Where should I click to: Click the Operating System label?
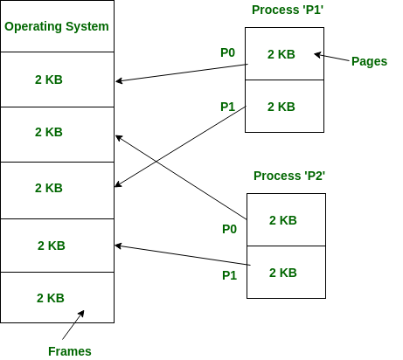click(x=57, y=26)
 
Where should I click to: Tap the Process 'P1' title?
click(x=288, y=10)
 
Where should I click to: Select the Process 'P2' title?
click(x=289, y=176)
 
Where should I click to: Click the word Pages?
click(x=369, y=61)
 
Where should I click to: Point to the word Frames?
click(x=70, y=351)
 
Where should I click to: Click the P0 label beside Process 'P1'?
click(x=227, y=52)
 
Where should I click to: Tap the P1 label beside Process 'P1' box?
click(x=227, y=107)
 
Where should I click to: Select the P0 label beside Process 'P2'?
click(x=229, y=229)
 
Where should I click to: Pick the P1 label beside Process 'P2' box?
click(x=229, y=275)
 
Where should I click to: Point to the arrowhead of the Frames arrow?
click(x=82, y=314)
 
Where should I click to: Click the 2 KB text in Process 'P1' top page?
click(x=281, y=54)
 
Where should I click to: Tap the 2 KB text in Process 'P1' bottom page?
click(x=281, y=107)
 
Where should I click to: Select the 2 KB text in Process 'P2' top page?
click(x=283, y=220)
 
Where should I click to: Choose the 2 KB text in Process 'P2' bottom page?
click(x=283, y=273)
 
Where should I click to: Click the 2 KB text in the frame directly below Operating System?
click(x=49, y=80)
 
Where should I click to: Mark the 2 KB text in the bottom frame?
click(x=51, y=298)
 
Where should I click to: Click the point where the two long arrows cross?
click(x=156, y=162)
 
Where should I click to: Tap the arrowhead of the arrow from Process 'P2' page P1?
click(x=118, y=246)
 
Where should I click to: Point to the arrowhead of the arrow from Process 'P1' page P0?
click(x=119, y=81)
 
